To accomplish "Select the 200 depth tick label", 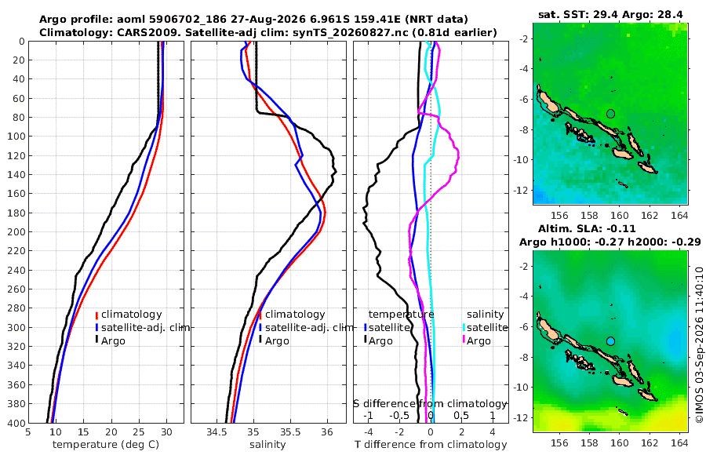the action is (x=16, y=231).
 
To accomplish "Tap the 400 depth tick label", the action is (x=16, y=423).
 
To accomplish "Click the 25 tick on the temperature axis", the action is (x=139, y=432).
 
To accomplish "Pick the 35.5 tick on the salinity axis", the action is (x=290, y=432).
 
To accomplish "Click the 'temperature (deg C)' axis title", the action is (x=106, y=445).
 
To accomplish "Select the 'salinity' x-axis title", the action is (x=267, y=445).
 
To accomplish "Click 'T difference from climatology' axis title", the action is (x=431, y=445).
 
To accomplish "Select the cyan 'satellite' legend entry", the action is (x=486, y=327).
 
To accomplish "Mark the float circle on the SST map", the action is (x=610, y=114).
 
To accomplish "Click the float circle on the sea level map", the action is (x=610, y=341).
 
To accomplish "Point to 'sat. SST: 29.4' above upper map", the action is (x=578, y=15).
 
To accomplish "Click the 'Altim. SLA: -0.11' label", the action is (x=587, y=229).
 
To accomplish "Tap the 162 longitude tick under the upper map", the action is (x=649, y=216).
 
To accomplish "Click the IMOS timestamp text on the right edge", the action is (x=699, y=344).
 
